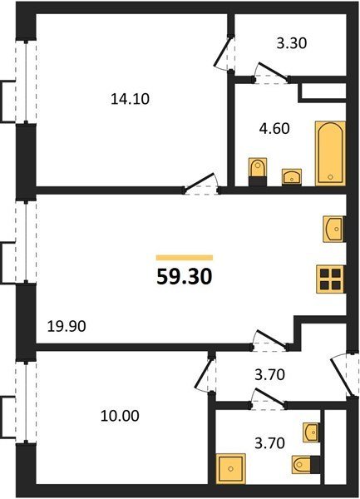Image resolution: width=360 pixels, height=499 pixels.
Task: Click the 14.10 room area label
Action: point(130,99)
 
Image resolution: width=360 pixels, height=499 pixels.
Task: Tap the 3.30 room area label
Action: point(291,43)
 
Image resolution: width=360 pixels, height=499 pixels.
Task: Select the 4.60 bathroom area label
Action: point(274,129)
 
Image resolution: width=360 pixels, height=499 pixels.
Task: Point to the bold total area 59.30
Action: point(184,277)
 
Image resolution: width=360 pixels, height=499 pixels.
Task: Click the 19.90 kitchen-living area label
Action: point(67,327)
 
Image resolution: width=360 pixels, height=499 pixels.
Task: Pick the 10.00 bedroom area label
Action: point(120,416)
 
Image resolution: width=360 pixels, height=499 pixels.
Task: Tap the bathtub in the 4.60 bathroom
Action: point(330,153)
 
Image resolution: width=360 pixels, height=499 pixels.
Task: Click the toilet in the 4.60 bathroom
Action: point(257,172)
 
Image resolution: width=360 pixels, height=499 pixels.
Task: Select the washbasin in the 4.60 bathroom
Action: point(292,176)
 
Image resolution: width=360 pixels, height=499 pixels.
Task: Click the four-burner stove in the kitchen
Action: point(330,279)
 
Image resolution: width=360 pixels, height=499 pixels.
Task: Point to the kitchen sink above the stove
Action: point(333,230)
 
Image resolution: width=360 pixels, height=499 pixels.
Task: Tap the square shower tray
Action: point(231,469)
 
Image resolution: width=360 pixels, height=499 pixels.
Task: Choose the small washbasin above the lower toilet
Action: point(311,432)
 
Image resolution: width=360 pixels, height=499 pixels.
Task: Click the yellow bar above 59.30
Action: point(185,258)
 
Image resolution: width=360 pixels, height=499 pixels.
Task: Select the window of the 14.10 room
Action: point(26,82)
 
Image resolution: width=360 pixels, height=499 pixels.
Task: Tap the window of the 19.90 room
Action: point(26,242)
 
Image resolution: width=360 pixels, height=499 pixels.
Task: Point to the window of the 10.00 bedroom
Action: point(26,402)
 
